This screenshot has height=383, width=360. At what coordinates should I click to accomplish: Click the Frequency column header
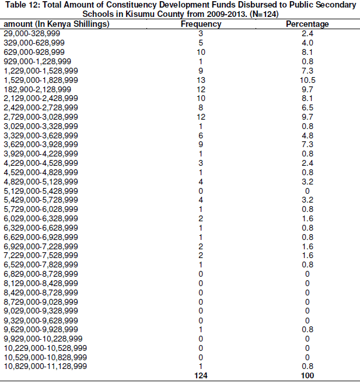point(201,25)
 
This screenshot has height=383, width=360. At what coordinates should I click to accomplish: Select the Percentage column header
point(307,25)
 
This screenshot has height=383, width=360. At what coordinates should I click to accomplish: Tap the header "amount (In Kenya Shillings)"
point(56,25)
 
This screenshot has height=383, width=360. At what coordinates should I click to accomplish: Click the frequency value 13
point(201,79)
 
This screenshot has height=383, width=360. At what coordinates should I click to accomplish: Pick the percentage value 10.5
point(307,79)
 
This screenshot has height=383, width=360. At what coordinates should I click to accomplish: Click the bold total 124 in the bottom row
point(201,375)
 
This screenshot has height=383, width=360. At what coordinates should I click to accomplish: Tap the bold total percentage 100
point(307,375)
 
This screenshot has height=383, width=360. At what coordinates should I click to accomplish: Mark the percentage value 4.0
point(307,43)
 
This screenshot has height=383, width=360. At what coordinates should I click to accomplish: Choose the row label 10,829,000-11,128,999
point(46,366)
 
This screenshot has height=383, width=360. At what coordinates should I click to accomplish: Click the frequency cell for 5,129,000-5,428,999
point(201,190)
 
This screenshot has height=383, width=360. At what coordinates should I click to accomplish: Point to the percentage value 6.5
point(307,107)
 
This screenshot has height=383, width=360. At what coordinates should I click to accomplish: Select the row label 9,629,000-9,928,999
point(41,329)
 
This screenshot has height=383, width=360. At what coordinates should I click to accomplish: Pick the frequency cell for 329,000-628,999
point(201,43)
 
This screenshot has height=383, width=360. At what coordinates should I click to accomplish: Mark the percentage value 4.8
point(307,135)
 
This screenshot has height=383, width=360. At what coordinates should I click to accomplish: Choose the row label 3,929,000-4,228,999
point(41,154)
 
